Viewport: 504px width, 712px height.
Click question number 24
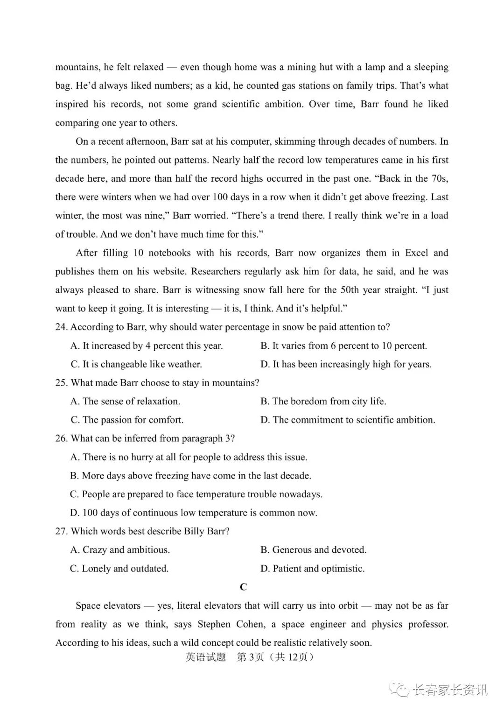tap(61, 327)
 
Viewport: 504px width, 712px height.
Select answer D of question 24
tap(346, 364)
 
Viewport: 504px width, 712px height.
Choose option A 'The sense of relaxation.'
tap(125, 401)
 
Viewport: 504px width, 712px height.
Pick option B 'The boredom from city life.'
tap(323, 401)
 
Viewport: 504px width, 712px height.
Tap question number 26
tap(61, 438)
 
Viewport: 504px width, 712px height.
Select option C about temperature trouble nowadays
tap(196, 494)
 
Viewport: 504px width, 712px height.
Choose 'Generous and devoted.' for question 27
tap(313, 550)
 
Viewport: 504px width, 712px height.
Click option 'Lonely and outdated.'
tap(119, 568)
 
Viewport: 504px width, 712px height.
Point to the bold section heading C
tap(243, 587)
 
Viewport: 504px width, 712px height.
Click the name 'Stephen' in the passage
tap(214, 624)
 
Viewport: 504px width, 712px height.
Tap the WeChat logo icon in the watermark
tap(400, 689)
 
